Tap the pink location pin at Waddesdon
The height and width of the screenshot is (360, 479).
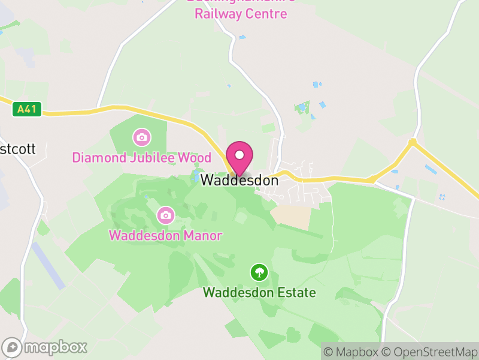click(239, 157)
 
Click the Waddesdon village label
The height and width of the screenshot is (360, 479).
click(239, 180)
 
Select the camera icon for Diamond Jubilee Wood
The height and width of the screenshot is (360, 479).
click(141, 137)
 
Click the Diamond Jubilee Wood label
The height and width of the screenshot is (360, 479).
click(141, 158)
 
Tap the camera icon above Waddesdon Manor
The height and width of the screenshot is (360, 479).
click(165, 214)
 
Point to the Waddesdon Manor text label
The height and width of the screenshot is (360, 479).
click(165, 235)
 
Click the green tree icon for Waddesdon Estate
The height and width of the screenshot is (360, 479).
click(259, 272)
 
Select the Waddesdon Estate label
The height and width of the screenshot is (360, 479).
click(259, 293)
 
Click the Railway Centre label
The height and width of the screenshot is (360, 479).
click(241, 13)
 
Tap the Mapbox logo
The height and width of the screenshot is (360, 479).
click(45, 347)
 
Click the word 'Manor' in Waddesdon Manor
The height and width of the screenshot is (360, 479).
click(202, 235)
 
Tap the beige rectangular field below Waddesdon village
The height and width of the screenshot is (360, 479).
click(292, 217)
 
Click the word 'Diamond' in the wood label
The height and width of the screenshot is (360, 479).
click(95, 158)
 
